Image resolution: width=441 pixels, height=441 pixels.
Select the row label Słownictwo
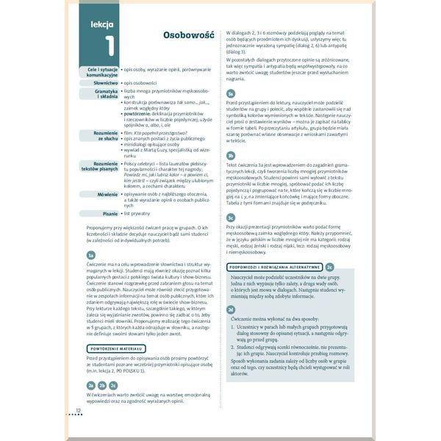(x=103, y=83)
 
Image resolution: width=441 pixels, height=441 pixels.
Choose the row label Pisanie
(x=107, y=213)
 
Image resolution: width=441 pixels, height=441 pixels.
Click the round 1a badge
(x=90, y=254)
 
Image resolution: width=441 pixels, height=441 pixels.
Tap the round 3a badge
(x=230, y=93)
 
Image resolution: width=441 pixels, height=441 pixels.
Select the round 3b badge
(x=230, y=155)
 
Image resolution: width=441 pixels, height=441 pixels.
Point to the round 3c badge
(x=230, y=218)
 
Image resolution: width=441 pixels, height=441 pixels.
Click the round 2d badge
(x=231, y=309)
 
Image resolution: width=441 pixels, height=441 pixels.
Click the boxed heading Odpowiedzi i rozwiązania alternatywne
(x=274, y=267)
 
